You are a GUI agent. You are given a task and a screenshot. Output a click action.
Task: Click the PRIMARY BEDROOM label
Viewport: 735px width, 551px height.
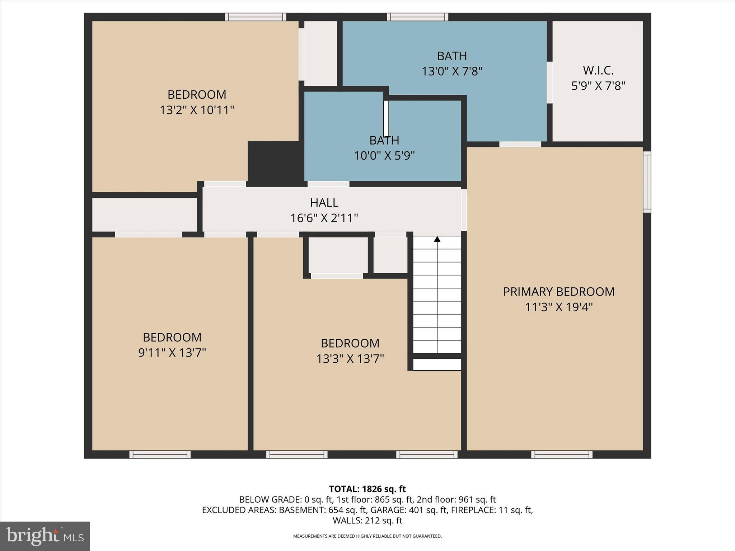coord(558,292)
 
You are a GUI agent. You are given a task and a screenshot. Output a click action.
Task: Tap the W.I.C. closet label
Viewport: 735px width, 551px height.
coord(598,70)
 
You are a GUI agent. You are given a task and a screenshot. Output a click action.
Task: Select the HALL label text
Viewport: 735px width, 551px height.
coord(324,203)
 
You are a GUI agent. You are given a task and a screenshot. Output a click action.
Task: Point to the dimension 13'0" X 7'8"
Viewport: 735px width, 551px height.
coord(451,71)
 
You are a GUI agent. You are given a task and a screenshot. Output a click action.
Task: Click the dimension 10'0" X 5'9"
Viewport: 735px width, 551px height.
coord(384,156)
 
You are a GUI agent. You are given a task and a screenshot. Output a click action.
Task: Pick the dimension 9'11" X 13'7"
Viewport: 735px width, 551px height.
coord(172,353)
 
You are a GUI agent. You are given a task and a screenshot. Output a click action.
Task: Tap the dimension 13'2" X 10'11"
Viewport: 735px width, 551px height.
coord(197,110)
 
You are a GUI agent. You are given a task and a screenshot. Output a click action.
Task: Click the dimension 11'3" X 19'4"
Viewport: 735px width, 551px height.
coord(558,307)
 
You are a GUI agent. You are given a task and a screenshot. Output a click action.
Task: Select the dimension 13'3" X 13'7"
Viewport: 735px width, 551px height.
coord(350,359)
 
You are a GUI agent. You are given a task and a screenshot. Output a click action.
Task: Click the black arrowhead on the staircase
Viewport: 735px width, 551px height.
coord(437,239)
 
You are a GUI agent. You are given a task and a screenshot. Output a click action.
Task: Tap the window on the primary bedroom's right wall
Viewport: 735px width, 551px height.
coord(647,182)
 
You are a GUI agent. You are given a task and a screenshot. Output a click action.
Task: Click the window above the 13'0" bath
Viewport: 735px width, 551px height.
coord(417,17)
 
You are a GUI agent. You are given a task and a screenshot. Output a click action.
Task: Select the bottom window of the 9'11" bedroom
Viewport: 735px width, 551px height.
coord(160,455)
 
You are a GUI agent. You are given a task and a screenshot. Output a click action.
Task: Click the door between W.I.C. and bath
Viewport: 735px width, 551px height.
coord(549,83)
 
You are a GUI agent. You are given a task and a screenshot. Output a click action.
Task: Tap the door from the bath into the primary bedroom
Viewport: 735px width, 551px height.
coord(520,144)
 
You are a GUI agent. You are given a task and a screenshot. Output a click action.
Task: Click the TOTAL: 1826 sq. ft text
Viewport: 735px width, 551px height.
coord(367,489)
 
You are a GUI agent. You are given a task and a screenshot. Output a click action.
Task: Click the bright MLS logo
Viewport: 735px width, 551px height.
coord(45,536)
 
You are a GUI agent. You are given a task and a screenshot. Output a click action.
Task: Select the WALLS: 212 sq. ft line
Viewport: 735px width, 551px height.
coord(367,520)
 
